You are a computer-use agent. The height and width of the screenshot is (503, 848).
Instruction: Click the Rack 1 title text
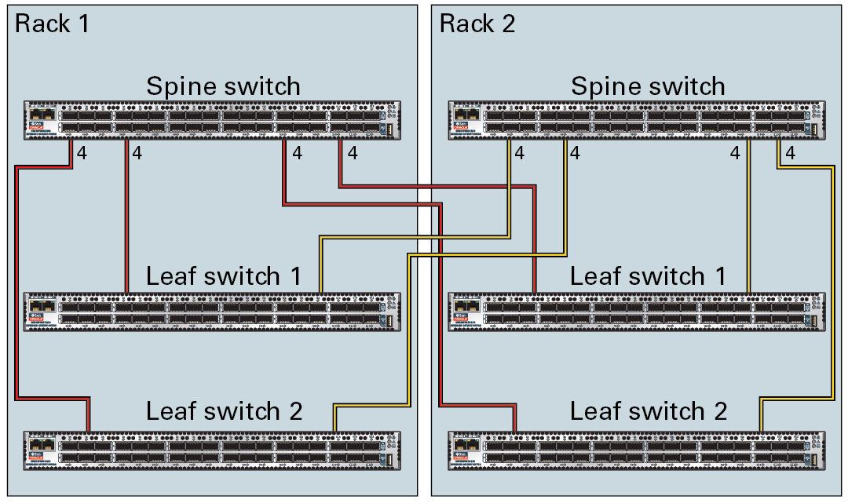pyautogui.click(x=52, y=24)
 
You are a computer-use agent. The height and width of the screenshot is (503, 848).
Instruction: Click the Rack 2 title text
pyautogui.click(x=477, y=24)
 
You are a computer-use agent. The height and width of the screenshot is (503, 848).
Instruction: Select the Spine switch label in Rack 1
pyautogui.click(x=223, y=86)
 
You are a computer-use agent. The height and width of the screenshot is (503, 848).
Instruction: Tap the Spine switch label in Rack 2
pyautogui.click(x=648, y=86)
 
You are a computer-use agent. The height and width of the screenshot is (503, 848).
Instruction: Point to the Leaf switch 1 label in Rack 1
pyautogui.click(x=223, y=276)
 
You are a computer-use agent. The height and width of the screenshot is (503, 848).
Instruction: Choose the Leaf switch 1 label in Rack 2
pyautogui.click(x=648, y=276)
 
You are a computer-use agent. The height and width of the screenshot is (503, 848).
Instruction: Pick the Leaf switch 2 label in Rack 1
pyautogui.click(x=224, y=411)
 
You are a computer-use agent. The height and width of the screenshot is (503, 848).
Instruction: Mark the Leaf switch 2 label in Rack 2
pyautogui.click(x=649, y=411)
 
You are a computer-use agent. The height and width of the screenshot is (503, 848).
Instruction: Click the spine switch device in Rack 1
pyautogui.click(x=212, y=121)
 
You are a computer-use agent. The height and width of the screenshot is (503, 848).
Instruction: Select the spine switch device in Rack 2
pyautogui.click(x=637, y=121)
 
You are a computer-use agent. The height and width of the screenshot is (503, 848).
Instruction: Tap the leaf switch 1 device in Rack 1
pyautogui.click(x=212, y=312)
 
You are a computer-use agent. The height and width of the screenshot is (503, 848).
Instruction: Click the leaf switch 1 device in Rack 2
pyautogui.click(x=637, y=312)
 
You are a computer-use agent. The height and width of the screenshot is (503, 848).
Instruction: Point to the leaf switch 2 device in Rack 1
pyautogui.click(x=212, y=451)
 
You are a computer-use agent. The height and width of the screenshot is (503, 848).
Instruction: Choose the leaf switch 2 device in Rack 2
pyautogui.click(x=637, y=451)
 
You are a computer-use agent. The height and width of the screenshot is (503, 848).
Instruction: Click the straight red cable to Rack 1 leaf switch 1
pyautogui.click(x=126, y=220)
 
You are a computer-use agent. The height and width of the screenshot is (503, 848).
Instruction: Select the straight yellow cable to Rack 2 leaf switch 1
pyautogui.click(x=748, y=220)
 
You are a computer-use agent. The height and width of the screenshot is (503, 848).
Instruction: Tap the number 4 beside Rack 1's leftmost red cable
pyautogui.click(x=82, y=154)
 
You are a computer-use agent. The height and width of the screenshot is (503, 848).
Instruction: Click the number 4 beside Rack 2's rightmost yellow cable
pyautogui.click(x=790, y=154)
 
